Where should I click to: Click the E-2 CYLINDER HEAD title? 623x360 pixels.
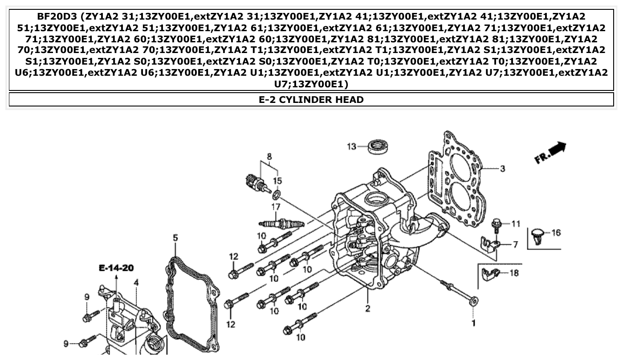pyautogui.click(x=311, y=99)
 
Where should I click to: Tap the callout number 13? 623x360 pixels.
pyautogui.click(x=352, y=146)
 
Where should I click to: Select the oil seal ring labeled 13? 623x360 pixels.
pyautogui.click(x=379, y=147)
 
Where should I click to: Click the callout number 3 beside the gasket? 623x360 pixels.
pyautogui.click(x=502, y=168)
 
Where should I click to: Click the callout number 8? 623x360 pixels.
pyautogui.click(x=269, y=156)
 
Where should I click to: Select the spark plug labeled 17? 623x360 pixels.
pyautogui.click(x=281, y=222)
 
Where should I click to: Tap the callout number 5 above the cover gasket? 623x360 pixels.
pyautogui.click(x=175, y=238)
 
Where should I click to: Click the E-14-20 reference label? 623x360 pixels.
pyautogui.click(x=116, y=268)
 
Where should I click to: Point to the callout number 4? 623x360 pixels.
pyautogui.click(x=136, y=282)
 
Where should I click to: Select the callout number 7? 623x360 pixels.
pyautogui.click(x=515, y=244)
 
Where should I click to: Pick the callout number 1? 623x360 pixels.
pyautogui.click(x=473, y=323)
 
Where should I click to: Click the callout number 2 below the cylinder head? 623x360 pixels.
pyautogui.click(x=368, y=308)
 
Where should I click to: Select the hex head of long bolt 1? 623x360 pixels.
pyautogui.click(x=474, y=302)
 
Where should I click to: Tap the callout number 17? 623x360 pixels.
pyautogui.click(x=276, y=207)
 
